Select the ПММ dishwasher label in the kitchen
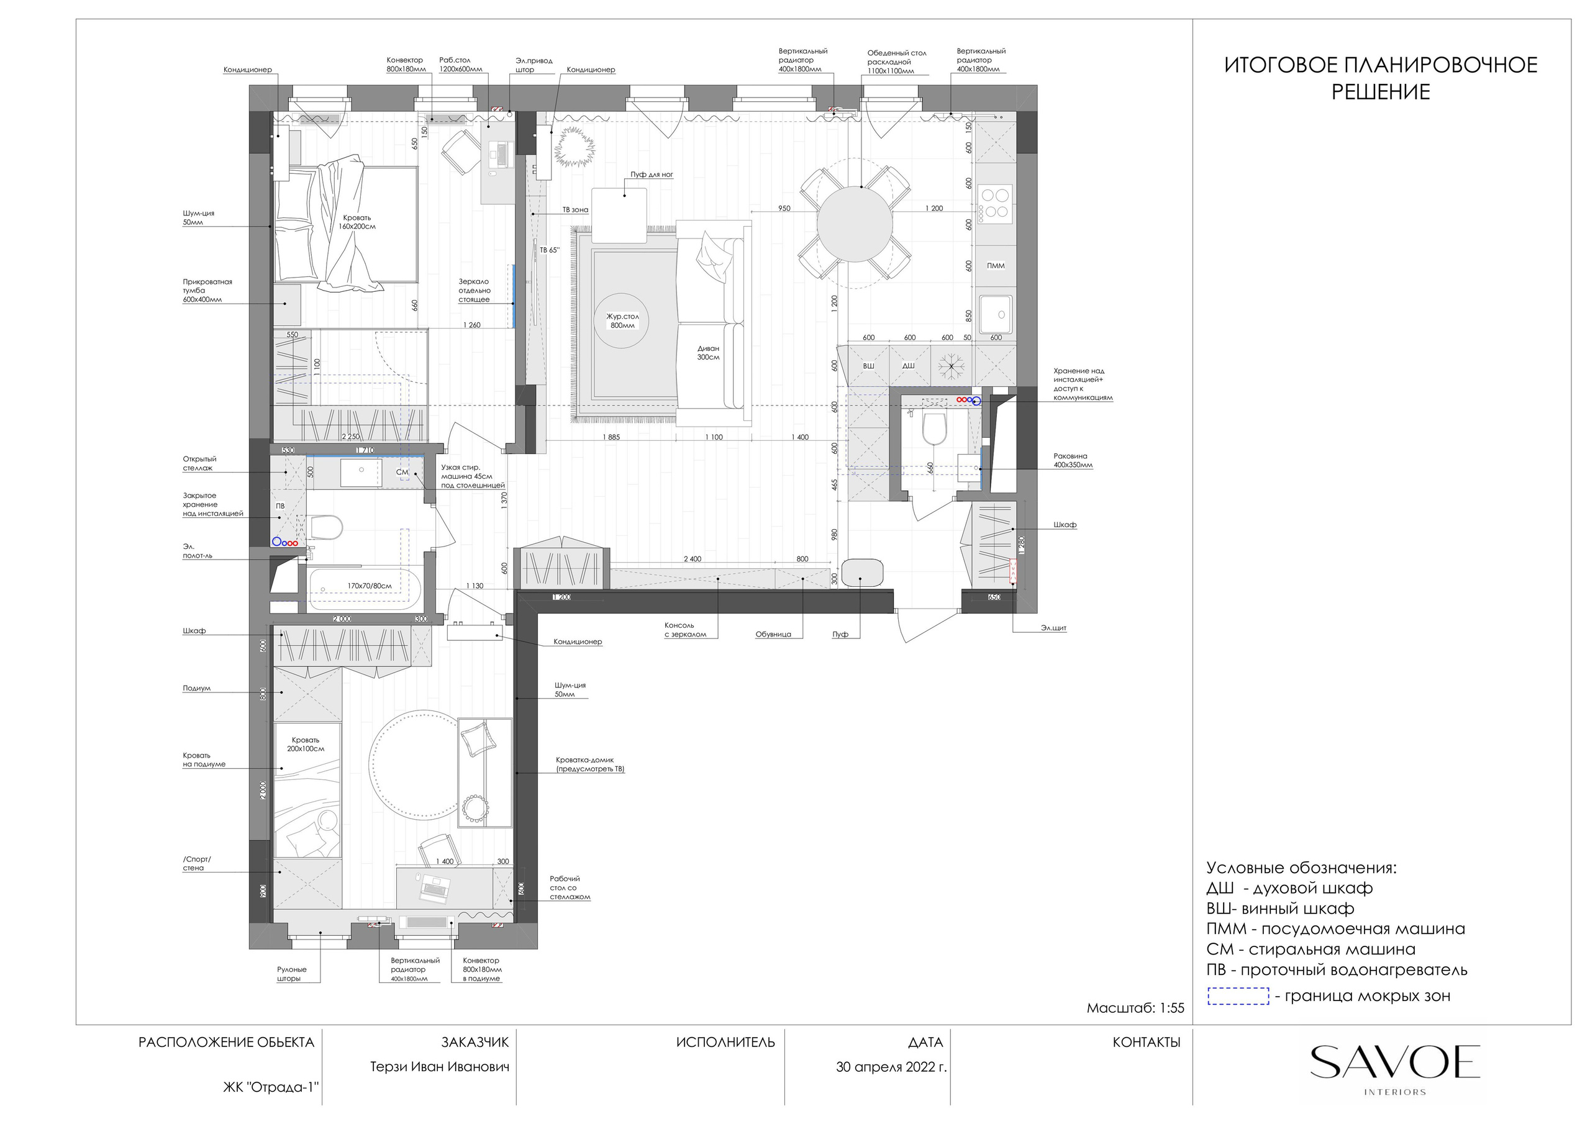pyautogui.click(x=995, y=266)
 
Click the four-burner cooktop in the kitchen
pyautogui.click(x=995, y=203)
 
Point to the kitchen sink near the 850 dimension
pyautogui.click(x=995, y=314)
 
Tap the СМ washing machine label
pyautogui.click(x=402, y=473)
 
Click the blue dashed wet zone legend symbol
pyautogui.click(x=1238, y=996)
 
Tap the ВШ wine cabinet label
pyautogui.click(x=868, y=366)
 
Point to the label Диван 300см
pyautogui.click(x=708, y=353)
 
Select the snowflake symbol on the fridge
pyautogui.click(x=952, y=366)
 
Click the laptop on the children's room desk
pyautogui.click(x=434, y=889)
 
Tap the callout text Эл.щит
pyautogui.click(x=1053, y=628)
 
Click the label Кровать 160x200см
pyautogui.click(x=357, y=222)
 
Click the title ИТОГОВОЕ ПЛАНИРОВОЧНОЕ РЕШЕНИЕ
pyautogui.click(x=1380, y=78)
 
